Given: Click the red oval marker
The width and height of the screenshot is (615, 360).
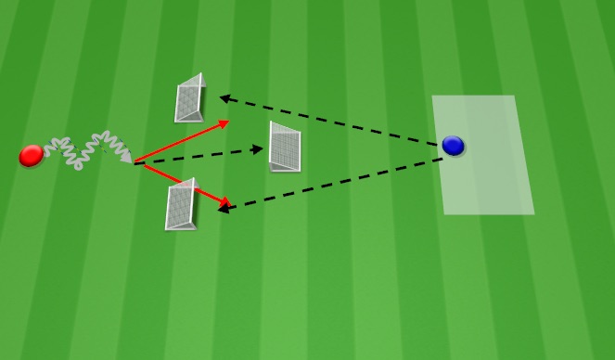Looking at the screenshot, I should [31, 156].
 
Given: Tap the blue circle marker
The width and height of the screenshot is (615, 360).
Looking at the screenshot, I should [453, 146].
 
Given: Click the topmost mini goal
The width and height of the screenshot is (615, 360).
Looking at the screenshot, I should [190, 98].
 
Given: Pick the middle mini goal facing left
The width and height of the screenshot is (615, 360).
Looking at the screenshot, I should [285, 147].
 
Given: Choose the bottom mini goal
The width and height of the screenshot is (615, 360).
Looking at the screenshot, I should [181, 205].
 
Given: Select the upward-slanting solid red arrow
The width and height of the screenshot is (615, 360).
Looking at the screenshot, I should [182, 142].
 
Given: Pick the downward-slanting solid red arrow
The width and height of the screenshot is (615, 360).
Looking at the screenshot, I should [182, 183].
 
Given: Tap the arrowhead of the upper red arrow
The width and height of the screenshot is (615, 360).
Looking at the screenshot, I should [224, 122].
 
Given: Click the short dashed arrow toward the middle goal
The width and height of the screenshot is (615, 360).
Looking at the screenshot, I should [199, 155].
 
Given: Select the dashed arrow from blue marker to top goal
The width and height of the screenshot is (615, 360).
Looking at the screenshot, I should [329, 120].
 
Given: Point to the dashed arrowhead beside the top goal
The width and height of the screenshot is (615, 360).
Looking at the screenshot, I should [224, 96].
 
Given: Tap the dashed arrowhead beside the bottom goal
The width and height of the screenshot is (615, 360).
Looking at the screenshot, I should [224, 211].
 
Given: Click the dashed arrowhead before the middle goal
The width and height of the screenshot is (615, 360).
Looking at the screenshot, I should [260, 148].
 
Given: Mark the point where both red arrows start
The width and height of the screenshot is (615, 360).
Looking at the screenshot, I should [135, 163].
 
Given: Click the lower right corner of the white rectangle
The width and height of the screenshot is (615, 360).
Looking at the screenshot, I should [534, 213].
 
